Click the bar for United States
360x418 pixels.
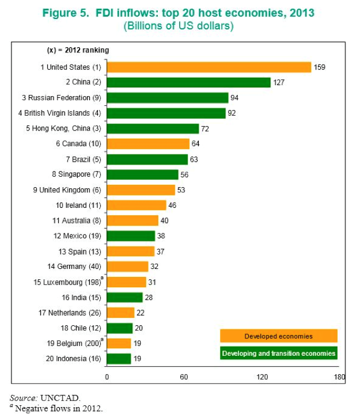click(x=209, y=67)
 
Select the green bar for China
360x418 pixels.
click(x=188, y=82)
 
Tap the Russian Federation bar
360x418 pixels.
click(x=168, y=98)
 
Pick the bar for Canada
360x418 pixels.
click(x=148, y=144)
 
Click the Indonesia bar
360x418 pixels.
click(x=119, y=359)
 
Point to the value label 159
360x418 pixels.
click(x=320, y=67)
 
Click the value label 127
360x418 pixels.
click(x=279, y=82)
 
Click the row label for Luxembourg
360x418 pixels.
click(x=70, y=282)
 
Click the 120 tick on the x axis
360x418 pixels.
click(x=263, y=377)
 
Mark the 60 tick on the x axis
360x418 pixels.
click(x=184, y=377)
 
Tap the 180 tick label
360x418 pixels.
click(x=339, y=377)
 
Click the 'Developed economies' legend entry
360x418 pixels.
click(x=278, y=336)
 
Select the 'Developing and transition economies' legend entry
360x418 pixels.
click(x=278, y=352)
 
